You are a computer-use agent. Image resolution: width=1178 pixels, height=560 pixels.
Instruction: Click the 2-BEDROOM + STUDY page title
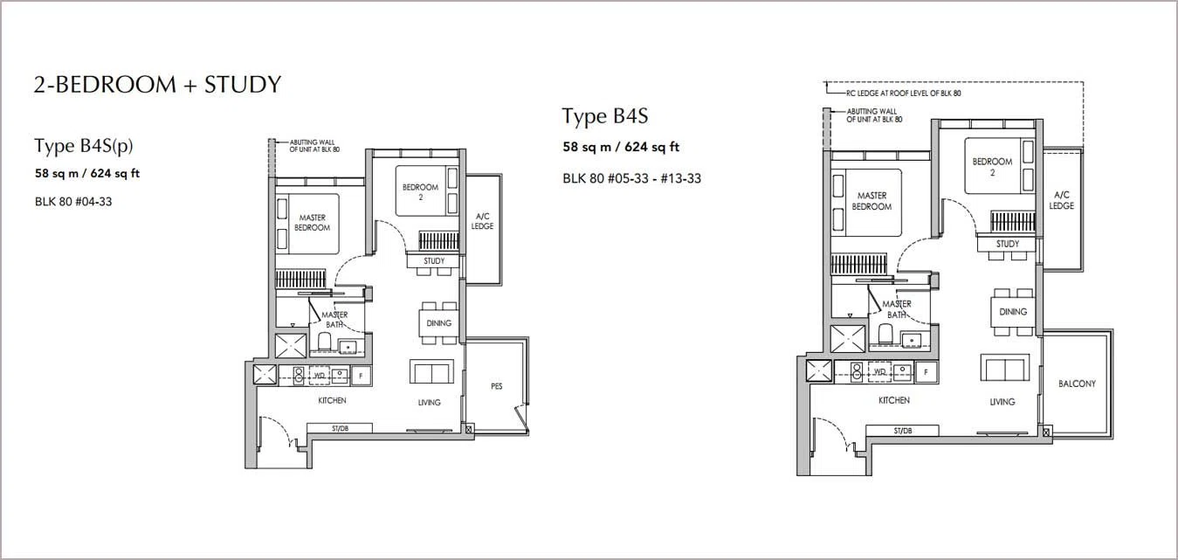[158, 85]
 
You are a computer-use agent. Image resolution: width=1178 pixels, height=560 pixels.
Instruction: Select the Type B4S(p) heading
[84, 146]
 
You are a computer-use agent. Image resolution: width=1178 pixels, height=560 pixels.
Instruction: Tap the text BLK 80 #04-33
[73, 202]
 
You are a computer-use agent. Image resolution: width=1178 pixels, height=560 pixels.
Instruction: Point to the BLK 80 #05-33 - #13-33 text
[631, 178]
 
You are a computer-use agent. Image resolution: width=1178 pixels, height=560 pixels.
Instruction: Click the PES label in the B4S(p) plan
[497, 386]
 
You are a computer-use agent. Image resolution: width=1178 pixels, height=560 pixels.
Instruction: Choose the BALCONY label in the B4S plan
[1077, 384]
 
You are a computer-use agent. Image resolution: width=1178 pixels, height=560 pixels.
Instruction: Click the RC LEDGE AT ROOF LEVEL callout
[904, 93]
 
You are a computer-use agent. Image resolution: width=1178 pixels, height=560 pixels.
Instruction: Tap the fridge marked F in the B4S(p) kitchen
[361, 376]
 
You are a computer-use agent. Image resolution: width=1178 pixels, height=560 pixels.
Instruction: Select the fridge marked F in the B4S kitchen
[927, 372]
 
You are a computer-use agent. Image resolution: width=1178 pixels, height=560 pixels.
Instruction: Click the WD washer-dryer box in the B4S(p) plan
[320, 376]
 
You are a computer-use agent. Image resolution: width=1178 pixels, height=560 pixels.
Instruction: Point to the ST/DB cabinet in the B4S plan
[902, 431]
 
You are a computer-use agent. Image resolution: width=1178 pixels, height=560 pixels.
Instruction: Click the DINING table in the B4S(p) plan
[438, 323]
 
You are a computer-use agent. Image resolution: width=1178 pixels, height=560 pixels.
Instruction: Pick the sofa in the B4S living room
[1005, 368]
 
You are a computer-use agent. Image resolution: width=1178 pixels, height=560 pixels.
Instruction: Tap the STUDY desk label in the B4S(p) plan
[434, 261]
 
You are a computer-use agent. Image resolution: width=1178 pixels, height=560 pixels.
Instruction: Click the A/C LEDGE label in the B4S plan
[1061, 201]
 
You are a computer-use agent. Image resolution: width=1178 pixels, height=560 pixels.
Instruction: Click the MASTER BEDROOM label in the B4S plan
[871, 201]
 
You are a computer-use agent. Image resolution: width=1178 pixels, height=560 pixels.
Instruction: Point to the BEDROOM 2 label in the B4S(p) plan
[420, 192]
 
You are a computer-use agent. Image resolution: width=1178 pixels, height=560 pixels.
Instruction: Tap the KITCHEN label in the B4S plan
[894, 400]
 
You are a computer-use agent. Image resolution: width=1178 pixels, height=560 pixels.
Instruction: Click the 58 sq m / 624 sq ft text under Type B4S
[621, 148]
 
